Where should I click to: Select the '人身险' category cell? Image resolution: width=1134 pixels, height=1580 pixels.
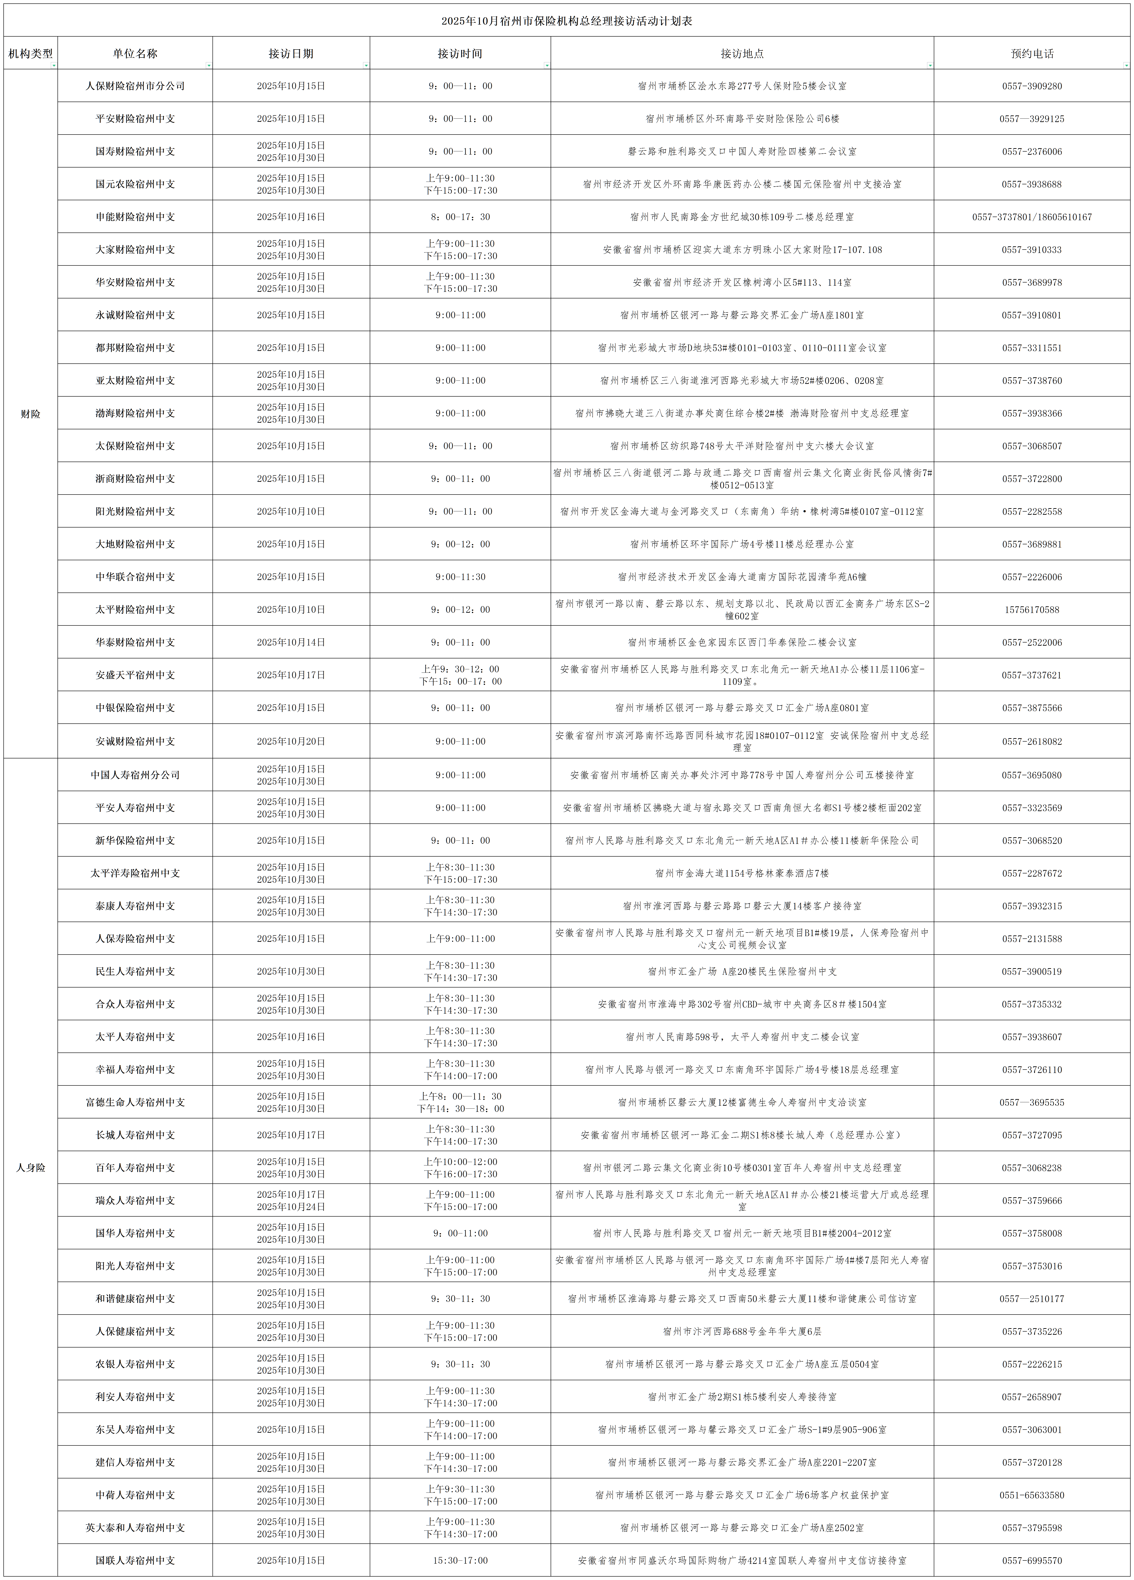click(31, 1167)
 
